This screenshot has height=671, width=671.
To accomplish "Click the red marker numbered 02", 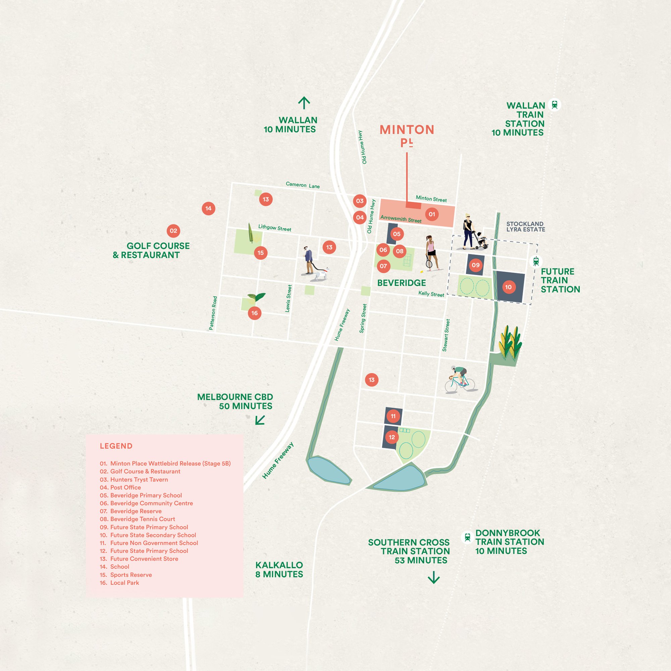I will point(173,231).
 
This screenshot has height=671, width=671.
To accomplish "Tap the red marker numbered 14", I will point(208,208).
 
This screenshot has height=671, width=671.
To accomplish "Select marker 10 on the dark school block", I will point(509,287).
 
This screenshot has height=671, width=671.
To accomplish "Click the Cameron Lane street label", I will point(303,185).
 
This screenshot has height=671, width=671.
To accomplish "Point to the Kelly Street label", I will point(431,294).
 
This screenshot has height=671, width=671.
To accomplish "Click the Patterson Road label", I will point(213,313).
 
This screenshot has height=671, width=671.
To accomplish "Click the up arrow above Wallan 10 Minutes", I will point(304,103).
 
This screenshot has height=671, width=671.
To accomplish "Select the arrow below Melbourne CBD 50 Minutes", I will point(260,420).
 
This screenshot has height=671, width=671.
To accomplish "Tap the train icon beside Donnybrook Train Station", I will point(467,537).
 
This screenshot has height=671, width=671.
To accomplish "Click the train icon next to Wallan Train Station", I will point(555,105).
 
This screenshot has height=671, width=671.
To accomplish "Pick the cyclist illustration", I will point(460,380).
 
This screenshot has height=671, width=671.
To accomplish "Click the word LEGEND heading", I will point(116,446).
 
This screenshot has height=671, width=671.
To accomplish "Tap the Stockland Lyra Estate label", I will point(525,226).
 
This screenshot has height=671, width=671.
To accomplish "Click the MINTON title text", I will point(407,130).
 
